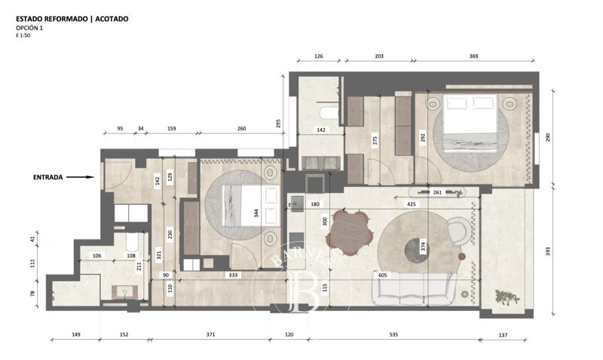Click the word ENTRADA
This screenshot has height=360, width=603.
click(x=47, y=178)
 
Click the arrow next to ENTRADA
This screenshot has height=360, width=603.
click(x=81, y=178)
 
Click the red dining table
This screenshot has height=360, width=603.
click(x=349, y=232)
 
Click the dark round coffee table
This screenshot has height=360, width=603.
click(x=416, y=247)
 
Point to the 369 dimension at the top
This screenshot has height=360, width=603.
click(x=473, y=56)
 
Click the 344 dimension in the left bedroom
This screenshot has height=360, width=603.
click(x=256, y=214)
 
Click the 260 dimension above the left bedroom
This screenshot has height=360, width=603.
click(x=241, y=128)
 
